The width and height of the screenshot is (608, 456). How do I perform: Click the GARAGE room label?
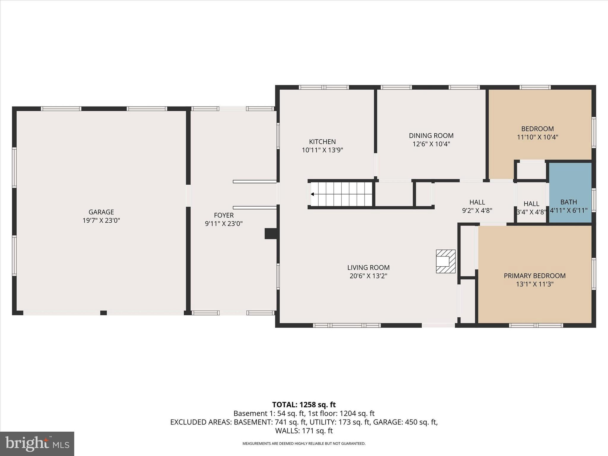(x=101, y=212)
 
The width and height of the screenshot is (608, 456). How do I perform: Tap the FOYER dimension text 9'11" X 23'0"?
(x=224, y=224)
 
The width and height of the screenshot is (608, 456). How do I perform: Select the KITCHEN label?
(x=322, y=142)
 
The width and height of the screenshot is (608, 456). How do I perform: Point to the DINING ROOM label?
(x=431, y=136)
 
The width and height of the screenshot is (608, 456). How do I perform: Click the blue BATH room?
(x=570, y=193)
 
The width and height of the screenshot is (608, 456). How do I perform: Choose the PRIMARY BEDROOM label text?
(x=534, y=275)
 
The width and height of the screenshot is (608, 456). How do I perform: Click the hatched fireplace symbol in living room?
(x=445, y=261)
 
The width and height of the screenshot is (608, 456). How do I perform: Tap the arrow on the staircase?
(x=312, y=194)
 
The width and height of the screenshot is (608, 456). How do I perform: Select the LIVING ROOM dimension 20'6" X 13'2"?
(x=368, y=276)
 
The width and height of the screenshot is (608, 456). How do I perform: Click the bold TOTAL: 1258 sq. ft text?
(x=304, y=405)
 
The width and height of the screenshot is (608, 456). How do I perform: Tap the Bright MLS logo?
(x=37, y=444)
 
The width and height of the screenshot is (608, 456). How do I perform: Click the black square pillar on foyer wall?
(x=270, y=233)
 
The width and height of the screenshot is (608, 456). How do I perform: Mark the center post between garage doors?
(x=103, y=313)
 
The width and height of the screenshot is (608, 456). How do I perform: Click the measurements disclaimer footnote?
(x=304, y=444)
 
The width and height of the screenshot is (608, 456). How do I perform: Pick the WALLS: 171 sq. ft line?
(x=304, y=430)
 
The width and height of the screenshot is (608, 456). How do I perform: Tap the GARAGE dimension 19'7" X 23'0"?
(x=101, y=220)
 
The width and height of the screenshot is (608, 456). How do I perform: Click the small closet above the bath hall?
(x=531, y=170)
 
